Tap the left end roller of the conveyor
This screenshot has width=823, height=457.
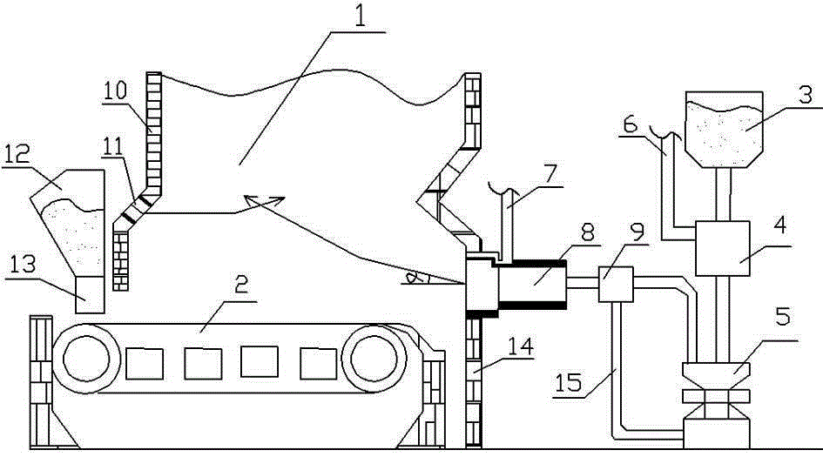(84, 359)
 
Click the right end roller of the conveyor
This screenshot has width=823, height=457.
(374, 359)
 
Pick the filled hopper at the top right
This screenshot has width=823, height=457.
(721, 131)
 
